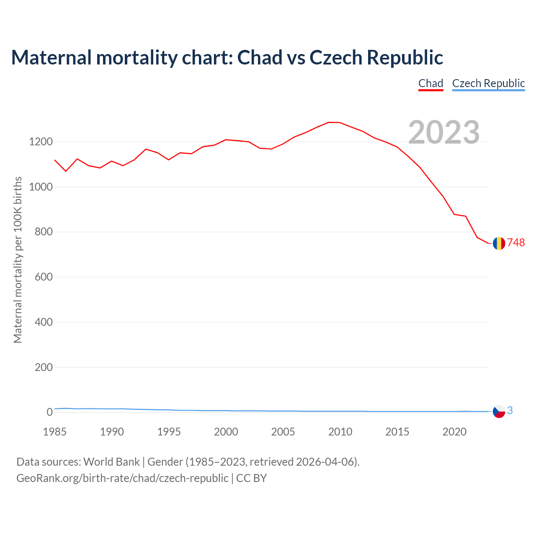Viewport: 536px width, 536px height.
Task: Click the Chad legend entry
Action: pos(430,83)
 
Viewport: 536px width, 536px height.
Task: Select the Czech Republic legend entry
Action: pos(488,83)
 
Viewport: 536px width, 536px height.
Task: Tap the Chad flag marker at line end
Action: pos(499,243)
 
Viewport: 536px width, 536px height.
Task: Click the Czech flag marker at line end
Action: pos(499,412)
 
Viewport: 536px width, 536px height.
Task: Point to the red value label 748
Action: pos(516,243)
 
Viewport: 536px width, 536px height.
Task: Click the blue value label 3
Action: pos(510,411)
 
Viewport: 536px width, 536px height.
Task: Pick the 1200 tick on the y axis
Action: pos(41,142)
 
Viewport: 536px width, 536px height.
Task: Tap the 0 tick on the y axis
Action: pos(50,412)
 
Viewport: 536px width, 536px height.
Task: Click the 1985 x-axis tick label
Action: pos(55,432)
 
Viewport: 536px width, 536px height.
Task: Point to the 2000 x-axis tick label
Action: pos(226,432)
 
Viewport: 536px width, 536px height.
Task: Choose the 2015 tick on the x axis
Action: pos(397,432)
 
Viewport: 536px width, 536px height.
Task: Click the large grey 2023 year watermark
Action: pos(444,132)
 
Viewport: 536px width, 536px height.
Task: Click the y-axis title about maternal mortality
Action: pos(18,260)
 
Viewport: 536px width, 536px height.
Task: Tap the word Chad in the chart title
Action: pos(260,58)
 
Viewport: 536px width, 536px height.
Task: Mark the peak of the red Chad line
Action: pos(329,122)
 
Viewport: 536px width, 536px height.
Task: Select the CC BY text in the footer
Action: pos(251,478)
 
